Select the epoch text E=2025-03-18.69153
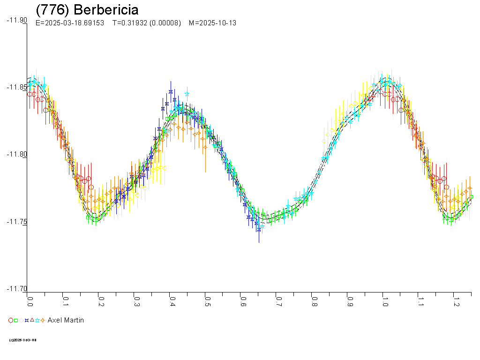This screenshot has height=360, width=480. point(70,23)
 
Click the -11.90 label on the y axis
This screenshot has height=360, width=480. point(16,20)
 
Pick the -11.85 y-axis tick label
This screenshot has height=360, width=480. point(16,87)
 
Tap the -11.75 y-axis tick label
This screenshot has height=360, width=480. point(16,222)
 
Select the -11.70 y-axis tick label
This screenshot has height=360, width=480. point(16,289)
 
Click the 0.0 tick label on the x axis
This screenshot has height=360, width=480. point(30,299)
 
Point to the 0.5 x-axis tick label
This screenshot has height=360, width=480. point(207,299)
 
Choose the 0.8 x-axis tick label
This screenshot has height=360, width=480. point(314,299)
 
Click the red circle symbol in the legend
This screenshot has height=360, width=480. point(11,320)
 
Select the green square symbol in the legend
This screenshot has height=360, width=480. point(16,320)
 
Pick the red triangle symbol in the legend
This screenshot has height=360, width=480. point(32,320)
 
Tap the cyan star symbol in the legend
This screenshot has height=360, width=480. point(37,320)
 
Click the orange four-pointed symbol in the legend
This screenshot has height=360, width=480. point(43,320)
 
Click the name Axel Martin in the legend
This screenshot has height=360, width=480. point(66,320)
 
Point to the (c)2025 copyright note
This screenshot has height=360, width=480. point(23,340)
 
